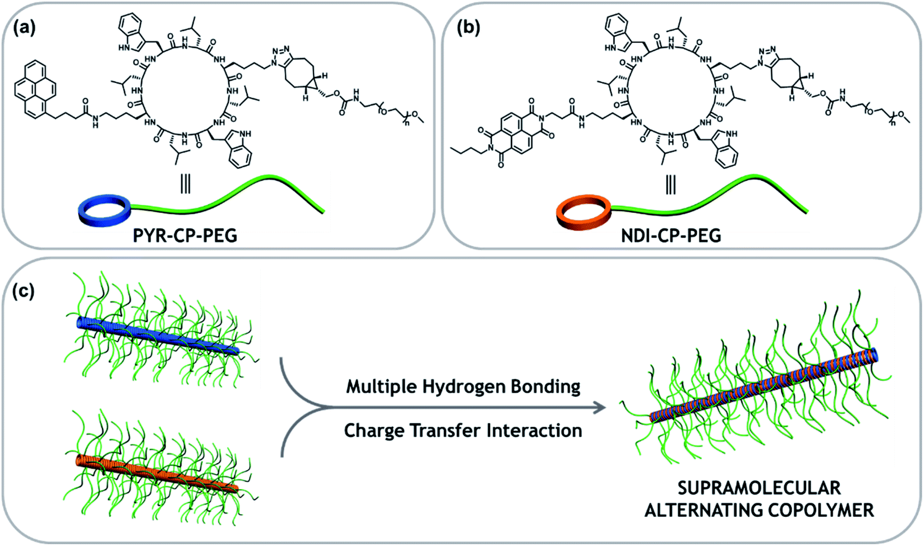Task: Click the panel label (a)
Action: [24, 27]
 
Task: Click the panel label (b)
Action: [468, 27]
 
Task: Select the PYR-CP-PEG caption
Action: [186, 235]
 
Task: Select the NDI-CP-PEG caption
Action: [671, 235]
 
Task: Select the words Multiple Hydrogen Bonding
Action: [463, 387]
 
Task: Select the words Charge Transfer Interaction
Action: [463, 430]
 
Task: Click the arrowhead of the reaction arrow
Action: [600, 408]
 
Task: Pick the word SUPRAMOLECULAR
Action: [759, 488]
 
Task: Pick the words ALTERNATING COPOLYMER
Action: [759, 510]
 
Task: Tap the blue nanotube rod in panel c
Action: [158, 337]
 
